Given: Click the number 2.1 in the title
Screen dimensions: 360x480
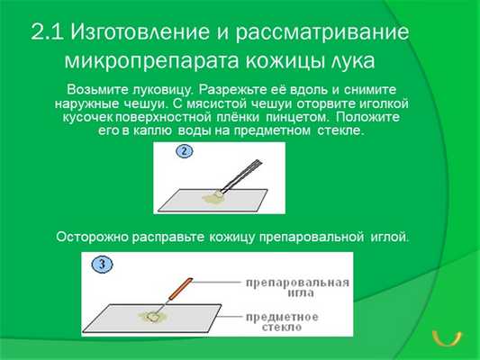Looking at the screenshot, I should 47,33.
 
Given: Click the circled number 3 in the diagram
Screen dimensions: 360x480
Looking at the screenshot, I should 103,265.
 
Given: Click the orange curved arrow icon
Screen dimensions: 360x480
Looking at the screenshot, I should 446,339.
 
